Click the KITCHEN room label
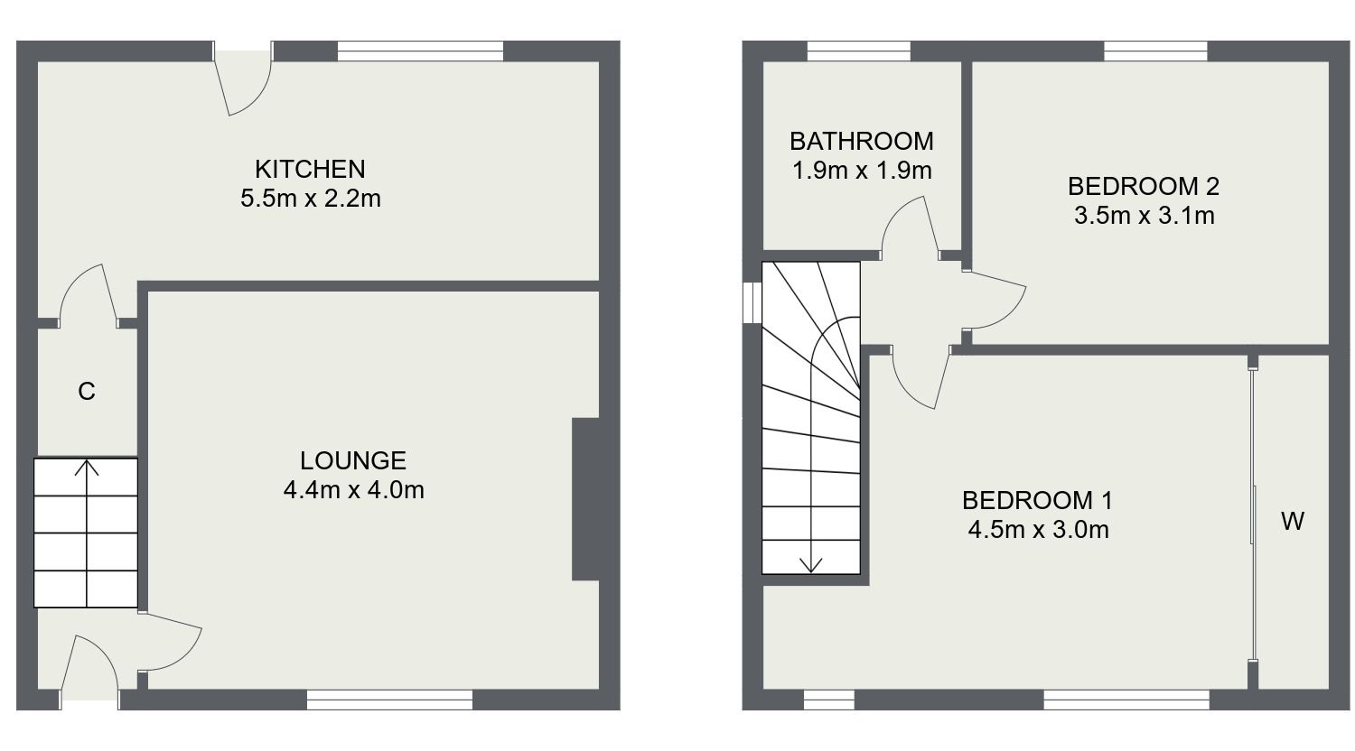pos(310,169)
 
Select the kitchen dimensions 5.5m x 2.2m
pos(310,199)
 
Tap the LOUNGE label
pos(353,461)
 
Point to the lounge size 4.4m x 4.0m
pos(353,490)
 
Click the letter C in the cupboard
pos(87,392)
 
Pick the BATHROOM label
pos(861,141)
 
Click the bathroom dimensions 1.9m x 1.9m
pos(861,170)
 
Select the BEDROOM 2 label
pos(1143,187)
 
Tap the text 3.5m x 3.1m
pos(1143,216)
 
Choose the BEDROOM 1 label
pos(1037,500)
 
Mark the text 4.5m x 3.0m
pos(1037,529)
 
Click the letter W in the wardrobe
pos(1293,521)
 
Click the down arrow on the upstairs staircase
pos(811,563)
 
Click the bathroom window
pos(858,51)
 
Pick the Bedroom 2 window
pos(1154,51)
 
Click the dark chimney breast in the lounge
pos(585,498)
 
